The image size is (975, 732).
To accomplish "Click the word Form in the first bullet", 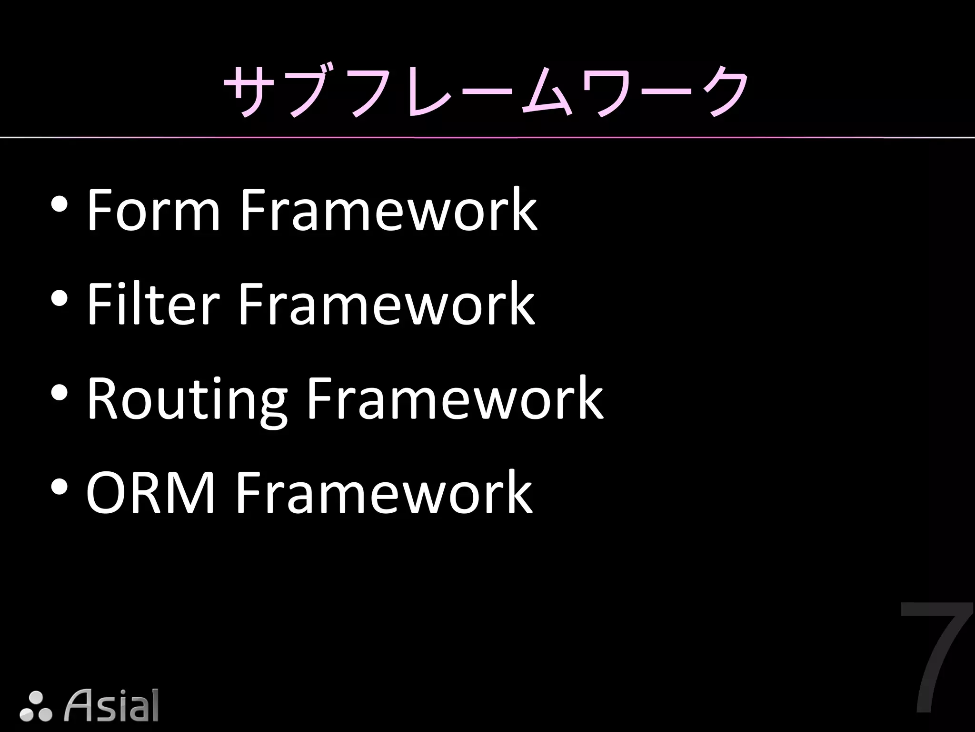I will coord(153,210).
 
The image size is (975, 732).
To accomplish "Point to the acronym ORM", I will coord(150,492).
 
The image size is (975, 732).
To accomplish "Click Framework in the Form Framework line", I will coord(388,210).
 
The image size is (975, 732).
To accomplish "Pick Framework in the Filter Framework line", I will coord(386,304).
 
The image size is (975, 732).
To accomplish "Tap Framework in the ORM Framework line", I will coord(384,492).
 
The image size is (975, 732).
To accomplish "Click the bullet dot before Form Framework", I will coord(59,205).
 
